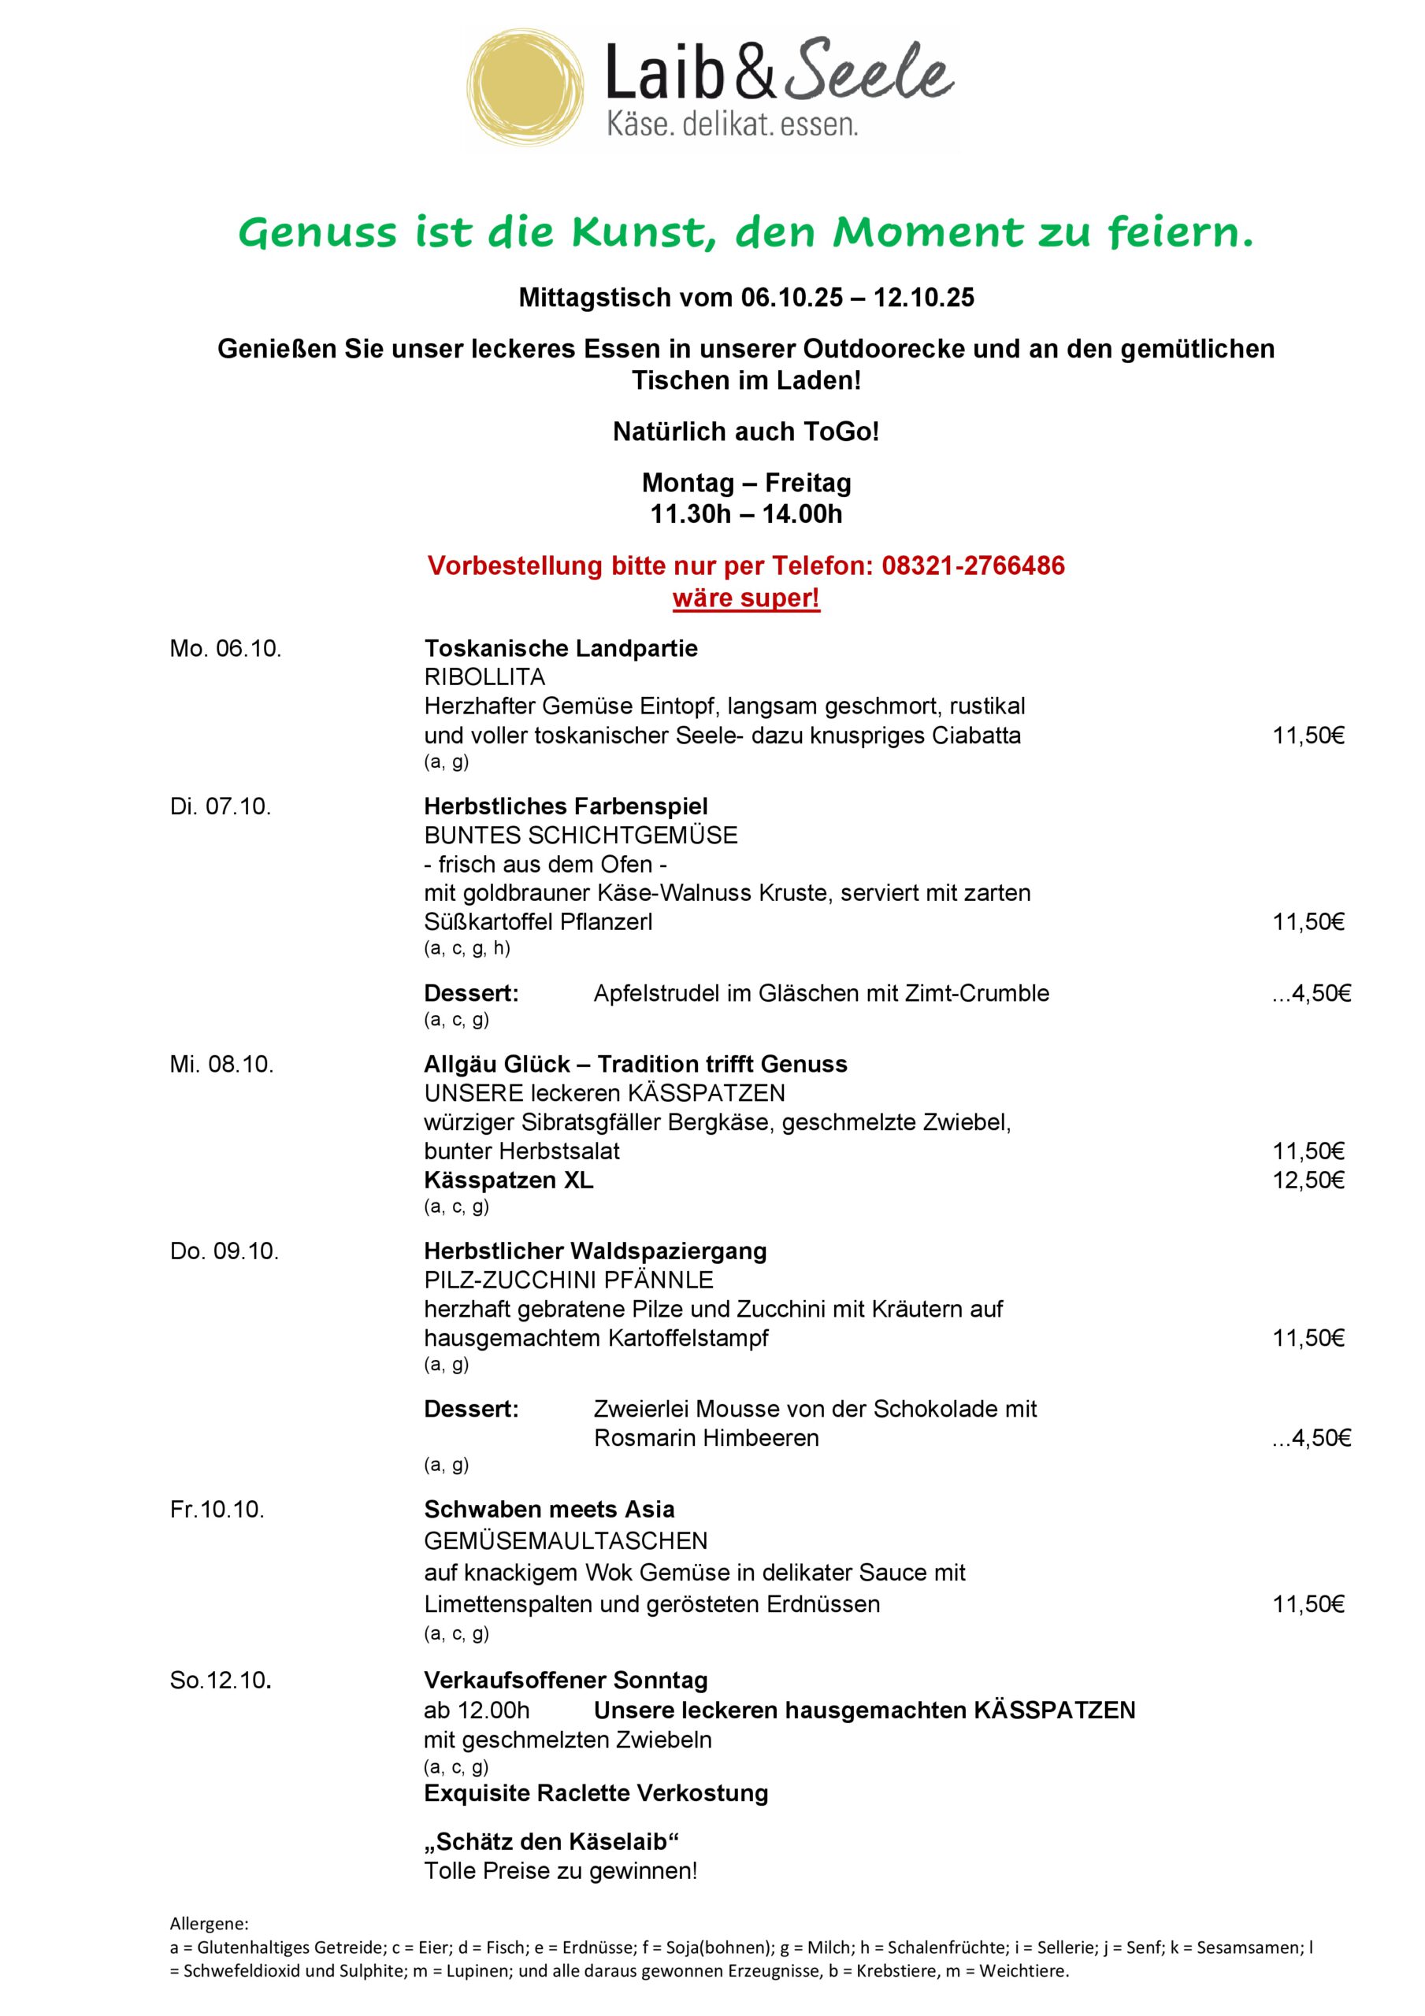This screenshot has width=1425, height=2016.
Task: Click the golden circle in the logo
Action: [x=525, y=90]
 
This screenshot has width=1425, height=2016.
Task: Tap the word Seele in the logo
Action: [x=868, y=72]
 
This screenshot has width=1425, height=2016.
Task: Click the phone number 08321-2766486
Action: [x=974, y=565]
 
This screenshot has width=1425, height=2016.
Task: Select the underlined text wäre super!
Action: [x=746, y=598]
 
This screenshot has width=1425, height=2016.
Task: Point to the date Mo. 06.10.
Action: [x=226, y=649]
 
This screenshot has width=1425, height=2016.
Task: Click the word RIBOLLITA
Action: [x=484, y=677]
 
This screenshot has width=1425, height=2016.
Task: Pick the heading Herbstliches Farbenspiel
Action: [x=566, y=806]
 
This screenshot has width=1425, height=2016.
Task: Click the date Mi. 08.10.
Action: [x=222, y=1064]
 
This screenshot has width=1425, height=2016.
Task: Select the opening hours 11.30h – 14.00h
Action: [x=746, y=513]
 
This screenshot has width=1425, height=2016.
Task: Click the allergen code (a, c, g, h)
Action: [x=466, y=947]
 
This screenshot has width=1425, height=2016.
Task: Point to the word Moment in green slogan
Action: [x=928, y=232]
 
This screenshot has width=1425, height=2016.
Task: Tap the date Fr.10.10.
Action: [x=217, y=1510]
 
